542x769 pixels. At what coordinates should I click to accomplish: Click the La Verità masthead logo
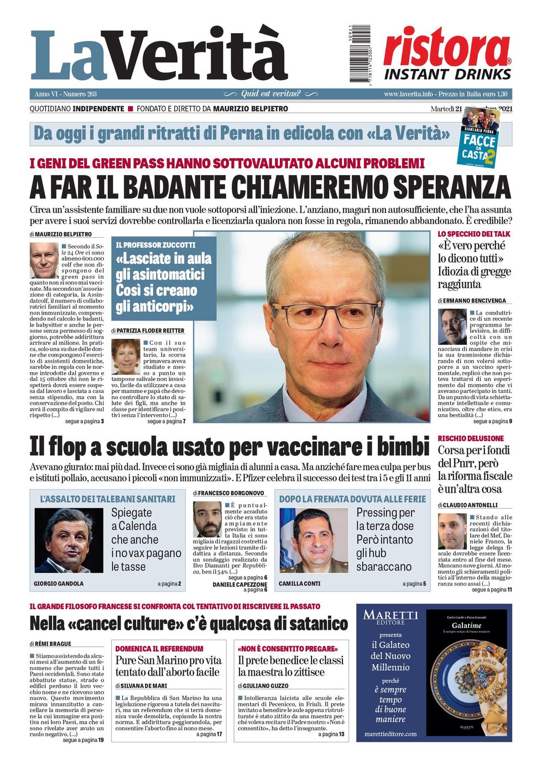pyautogui.click(x=159, y=55)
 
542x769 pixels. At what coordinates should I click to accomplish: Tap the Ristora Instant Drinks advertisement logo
pyautogui.click(x=447, y=54)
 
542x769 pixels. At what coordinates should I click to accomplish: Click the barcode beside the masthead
pyautogui.click(x=359, y=54)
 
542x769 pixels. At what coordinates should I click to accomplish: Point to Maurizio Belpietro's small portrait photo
pyautogui.click(x=44, y=260)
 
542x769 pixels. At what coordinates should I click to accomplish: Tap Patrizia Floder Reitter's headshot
pyautogui.click(x=126, y=357)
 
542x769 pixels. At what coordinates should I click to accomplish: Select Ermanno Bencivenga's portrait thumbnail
pyautogui.click(x=452, y=327)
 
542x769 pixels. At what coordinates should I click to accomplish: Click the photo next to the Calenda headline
pyautogui.click(x=69, y=540)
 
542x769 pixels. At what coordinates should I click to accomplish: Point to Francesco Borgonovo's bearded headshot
pyautogui.click(x=207, y=519)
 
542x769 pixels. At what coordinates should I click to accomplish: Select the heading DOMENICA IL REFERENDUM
pyautogui.click(x=159, y=648)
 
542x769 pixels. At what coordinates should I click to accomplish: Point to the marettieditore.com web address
pyautogui.click(x=390, y=734)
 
